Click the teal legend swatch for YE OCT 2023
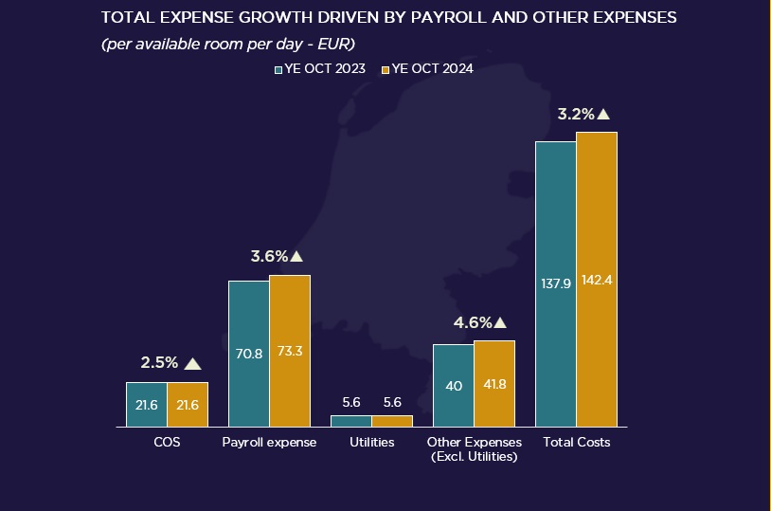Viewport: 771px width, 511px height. [278, 69]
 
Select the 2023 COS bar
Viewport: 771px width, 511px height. [147, 405]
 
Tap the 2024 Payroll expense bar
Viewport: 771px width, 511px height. [290, 351]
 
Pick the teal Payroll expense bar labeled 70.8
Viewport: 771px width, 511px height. [249, 354]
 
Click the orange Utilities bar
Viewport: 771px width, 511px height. [392, 421]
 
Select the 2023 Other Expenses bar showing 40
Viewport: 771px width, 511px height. [454, 385]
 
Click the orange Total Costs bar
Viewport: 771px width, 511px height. [597, 280]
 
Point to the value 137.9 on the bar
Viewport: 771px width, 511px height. [555, 283]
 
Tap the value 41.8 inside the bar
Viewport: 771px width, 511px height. [494, 386]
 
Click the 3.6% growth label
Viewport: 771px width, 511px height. [269, 256]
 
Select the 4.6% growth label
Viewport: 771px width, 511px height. [473, 323]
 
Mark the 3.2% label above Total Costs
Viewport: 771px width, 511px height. [576, 114]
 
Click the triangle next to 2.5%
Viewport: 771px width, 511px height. [193, 363]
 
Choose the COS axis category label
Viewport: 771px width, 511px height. [167, 443]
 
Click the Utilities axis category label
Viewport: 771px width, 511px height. [371, 443]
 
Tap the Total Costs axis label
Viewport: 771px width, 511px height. [576, 443]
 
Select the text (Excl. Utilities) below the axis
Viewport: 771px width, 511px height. [474, 457]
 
